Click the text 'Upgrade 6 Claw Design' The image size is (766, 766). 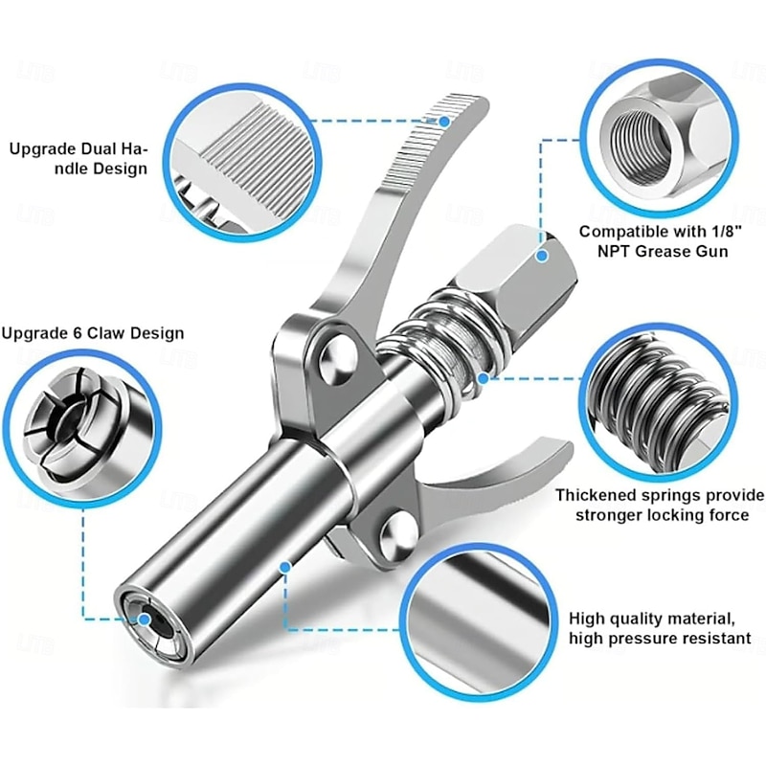[x=93, y=333]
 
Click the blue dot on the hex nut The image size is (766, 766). [x=542, y=256]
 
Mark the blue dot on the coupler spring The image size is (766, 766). [x=484, y=378]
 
